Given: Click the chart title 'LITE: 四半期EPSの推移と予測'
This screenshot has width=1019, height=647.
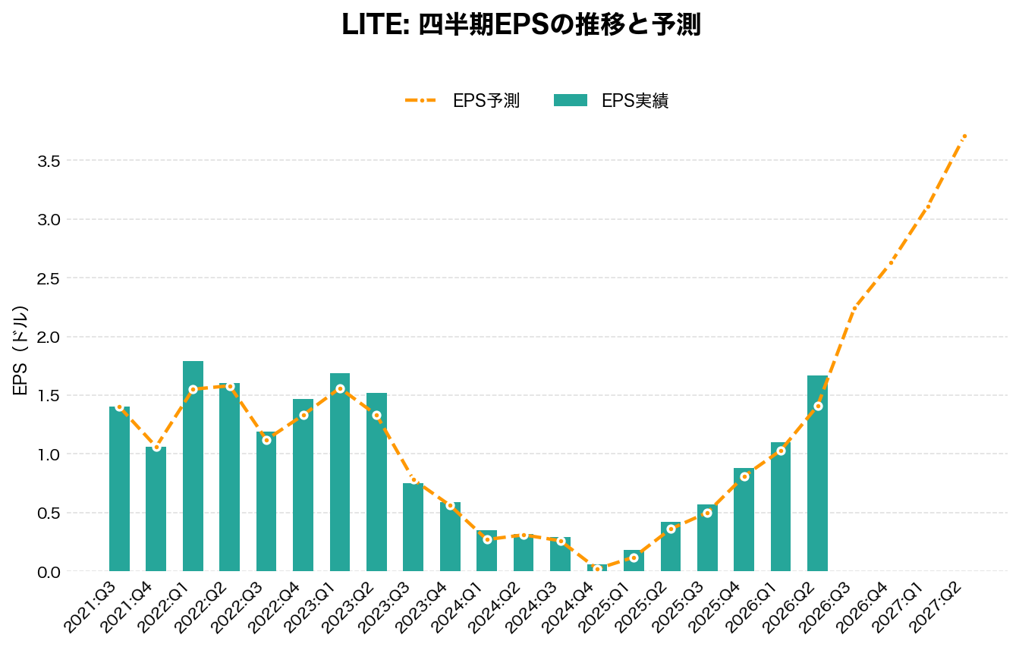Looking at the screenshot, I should point(521,24).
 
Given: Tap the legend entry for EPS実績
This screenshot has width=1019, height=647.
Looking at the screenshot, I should point(611,100).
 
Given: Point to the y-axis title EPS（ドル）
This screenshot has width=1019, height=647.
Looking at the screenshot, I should point(21,350).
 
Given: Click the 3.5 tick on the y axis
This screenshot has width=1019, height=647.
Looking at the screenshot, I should point(48,161).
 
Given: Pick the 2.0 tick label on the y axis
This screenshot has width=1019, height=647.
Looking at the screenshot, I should point(48,337).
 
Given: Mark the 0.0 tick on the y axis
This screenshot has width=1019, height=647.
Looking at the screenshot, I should point(48,571).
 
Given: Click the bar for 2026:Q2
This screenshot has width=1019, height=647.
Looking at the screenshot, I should point(817,474).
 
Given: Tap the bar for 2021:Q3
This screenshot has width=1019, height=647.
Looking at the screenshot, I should point(119,489).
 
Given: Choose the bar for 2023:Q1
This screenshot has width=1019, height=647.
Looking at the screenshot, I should point(340,472).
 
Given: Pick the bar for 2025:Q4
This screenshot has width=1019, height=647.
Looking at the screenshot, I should point(744,520).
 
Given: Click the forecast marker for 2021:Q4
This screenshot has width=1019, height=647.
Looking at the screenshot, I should point(156,448).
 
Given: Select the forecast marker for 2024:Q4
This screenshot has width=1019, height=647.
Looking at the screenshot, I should point(597,569).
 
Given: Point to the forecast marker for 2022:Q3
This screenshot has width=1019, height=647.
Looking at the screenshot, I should point(266,440).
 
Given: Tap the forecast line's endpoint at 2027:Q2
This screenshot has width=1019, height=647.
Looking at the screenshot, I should point(964,137).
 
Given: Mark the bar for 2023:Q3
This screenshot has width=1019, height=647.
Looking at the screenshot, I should point(414,527).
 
